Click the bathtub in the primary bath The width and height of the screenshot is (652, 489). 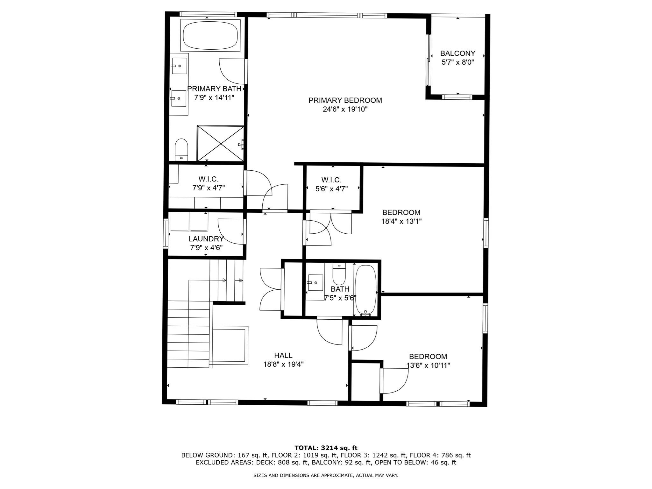tap(210, 35)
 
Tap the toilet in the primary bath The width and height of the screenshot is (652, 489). tap(181, 149)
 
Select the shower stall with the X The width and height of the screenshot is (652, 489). tap(221, 143)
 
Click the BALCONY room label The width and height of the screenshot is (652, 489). tap(458, 53)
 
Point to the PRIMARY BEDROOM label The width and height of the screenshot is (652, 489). tap(345, 100)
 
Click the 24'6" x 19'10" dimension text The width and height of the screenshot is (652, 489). tap(345, 110)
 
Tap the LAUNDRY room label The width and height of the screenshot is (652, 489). tap(206, 239)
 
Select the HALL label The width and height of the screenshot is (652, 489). tap(283, 355)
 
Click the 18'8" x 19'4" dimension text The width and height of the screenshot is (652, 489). tap(283, 364)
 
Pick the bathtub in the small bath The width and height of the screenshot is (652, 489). tap(365, 290)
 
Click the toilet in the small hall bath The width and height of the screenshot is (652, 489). tap(339, 274)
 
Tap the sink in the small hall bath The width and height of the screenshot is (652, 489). tap(315, 283)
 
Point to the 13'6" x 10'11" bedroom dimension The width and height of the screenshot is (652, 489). tap(428, 365)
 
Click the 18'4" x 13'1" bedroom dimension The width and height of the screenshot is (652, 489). tap(401, 221)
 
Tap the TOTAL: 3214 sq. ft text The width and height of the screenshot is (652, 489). tap(326, 448)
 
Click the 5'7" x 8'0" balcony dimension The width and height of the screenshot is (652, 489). tap(458, 62)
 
